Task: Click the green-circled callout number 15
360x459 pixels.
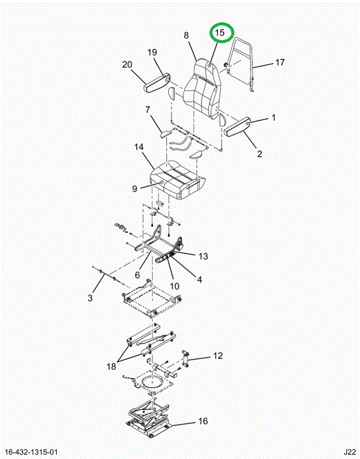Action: pyautogui.click(x=220, y=33)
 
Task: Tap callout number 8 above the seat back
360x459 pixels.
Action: pyautogui.click(x=186, y=36)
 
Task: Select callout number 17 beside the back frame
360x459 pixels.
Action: pyautogui.click(x=280, y=62)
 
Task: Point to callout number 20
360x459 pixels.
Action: pyautogui.click(x=127, y=64)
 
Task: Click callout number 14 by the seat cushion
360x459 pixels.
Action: pyautogui.click(x=139, y=147)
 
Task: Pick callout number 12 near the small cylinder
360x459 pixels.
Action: pyautogui.click(x=218, y=356)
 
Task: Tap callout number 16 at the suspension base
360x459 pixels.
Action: pyautogui.click(x=203, y=421)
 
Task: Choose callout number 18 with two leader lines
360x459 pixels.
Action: pyautogui.click(x=112, y=366)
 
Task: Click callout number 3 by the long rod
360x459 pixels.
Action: pyautogui.click(x=90, y=298)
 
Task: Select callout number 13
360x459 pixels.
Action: pyautogui.click(x=203, y=256)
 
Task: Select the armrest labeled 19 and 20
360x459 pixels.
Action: pyautogui.click(x=157, y=83)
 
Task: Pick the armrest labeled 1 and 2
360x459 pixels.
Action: pyautogui.click(x=237, y=126)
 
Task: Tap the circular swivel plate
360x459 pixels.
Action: pyautogui.click(x=152, y=383)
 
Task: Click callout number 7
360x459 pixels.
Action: pyautogui.click(x=148, y=110)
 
